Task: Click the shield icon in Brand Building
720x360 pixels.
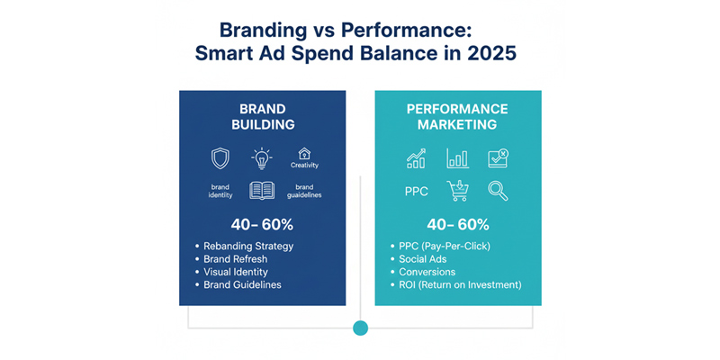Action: click(220, 159)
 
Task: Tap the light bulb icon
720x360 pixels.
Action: click(262, 158)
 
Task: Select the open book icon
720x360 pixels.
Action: click(262, 191)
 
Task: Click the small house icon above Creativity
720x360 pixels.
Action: click(304, 153)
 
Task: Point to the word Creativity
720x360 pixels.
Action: click(304, 166)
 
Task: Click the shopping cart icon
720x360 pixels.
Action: click(458, 191)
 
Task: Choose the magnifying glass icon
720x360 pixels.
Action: click(498, 190)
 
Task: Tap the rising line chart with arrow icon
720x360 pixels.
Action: click(416, 159)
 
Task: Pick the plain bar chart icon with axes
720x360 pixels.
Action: click(457, 159)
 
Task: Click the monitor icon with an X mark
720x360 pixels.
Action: click(498, 158)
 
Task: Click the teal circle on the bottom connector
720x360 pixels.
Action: click(361, 328)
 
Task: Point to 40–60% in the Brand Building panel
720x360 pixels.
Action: click(243, 224)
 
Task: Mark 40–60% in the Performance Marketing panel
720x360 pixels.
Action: click(457, 224)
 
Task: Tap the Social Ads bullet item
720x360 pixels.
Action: click(425, 258)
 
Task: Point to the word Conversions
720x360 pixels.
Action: click(427, 272)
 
